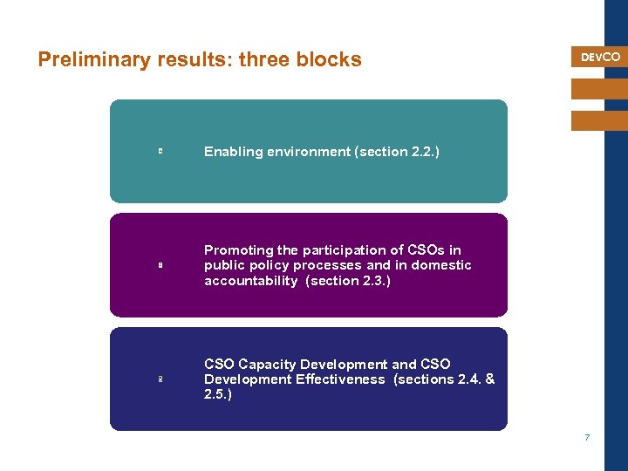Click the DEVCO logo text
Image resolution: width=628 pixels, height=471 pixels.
pos(600,57)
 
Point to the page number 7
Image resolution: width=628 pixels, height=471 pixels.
pos(587,437)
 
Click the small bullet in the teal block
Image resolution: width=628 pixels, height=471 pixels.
pos(160,152)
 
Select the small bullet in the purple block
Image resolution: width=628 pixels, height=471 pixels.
pos(160,265)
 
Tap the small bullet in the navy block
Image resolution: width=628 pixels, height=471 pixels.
pos(160,379)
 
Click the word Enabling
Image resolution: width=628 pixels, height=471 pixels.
pos(233,152)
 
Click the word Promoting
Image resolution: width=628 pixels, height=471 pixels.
pos(238,250)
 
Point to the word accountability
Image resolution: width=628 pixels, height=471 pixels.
pos(250,281)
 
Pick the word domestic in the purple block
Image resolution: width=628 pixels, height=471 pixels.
pos(441,265)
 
